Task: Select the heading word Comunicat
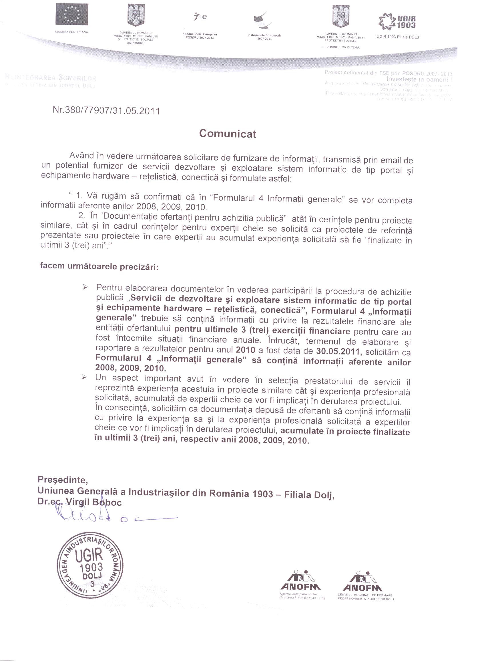click(x=228, y=134)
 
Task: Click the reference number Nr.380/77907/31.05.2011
click(x=106, y=111)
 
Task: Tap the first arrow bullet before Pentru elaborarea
click(x=85, y=287)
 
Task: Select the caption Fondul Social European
click(x=200, y=34)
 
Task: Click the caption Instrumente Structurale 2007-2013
click(x=264, y=37)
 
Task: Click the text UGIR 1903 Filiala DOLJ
click(x=398, y=37)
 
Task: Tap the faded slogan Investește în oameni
click(x=419, y=79)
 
